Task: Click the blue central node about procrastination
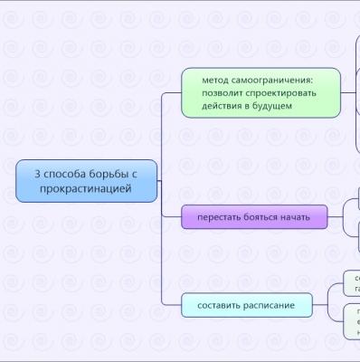coord(86,180)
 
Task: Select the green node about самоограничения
coord(261,92)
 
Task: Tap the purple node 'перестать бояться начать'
coord(253,217)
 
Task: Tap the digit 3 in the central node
coord(37,173)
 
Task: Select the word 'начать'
coord(295,217)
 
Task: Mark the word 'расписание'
coord(270,305)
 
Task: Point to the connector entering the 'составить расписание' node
coord(172,305)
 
